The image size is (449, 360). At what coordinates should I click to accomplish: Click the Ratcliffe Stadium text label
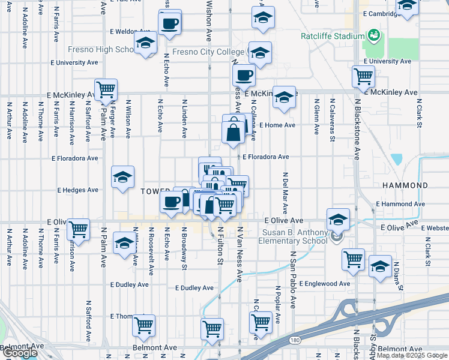coord(332,36)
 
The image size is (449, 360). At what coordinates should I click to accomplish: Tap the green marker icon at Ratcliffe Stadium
coord(373,35)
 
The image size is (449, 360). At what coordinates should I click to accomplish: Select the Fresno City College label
coord(208,52)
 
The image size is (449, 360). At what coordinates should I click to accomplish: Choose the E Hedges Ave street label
coord(77,190)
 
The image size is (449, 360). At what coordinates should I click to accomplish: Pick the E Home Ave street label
coord(278,125)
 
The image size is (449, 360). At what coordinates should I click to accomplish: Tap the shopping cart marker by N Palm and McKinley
coord(106,90)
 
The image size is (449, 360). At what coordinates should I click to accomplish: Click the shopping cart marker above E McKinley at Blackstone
coord(363,77)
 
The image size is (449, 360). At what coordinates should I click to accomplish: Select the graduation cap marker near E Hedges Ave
coord(123,177)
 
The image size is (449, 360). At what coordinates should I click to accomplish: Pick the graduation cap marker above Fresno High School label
coord(145,43)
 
